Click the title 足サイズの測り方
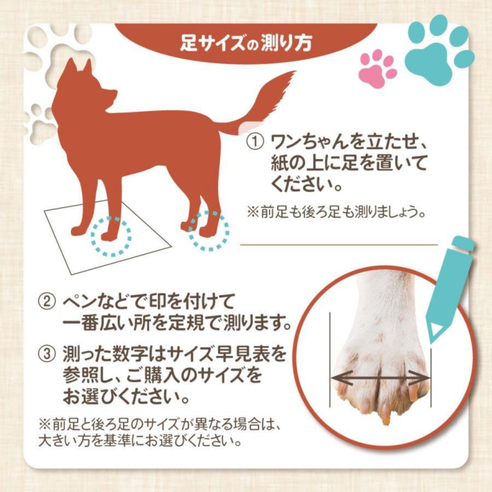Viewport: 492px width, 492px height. pyautogui.click(x=245, y=43)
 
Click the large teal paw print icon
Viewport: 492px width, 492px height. pyautogui.click(x=438, y=50)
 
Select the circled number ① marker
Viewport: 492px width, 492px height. pyautogui.click(x=255, y=144)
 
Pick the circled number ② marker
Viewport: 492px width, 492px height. pyautogui.click(x=46, y=302)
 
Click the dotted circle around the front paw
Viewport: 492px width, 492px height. pyautogui.click(x=110, y=235)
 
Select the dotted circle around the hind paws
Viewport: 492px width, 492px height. pyautogui.click(x=209, y=231)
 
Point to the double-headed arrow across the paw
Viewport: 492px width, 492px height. pyautogui.click(x=381, y=377)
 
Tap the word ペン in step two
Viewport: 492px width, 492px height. pyautogui.click(x=77, y=302)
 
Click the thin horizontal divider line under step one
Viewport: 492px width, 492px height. pyautogui.click(x=339, y=245)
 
